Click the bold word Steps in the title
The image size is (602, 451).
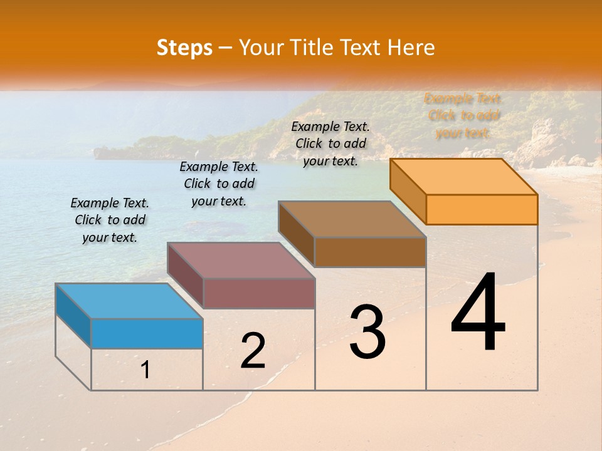click(x=184, y=48)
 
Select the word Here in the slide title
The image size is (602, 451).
click(x=411, y=48)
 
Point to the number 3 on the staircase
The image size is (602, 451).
click(x=367, y=332)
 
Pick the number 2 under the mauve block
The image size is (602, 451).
click(x=253, y=351)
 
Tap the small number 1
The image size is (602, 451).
click(x=145, y=370)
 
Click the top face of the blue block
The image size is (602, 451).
click(x=129, y=301)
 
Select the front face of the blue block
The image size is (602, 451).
click(x=147, y=333)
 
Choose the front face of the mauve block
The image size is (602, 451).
click(x=259, y=293)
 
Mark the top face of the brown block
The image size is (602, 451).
click(x=352, y=219)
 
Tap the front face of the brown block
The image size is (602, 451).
click(x=370, y=252)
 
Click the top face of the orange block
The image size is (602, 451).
click(x=463, y=176)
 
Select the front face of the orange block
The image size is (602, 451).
click(x=482, y=209)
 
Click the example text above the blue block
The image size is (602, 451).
click(x=110, y=220)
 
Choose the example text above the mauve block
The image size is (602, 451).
click(x=219, y=184)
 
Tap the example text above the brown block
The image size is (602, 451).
click(x=330, y=143)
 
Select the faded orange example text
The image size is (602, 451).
click(x=463, y=115)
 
